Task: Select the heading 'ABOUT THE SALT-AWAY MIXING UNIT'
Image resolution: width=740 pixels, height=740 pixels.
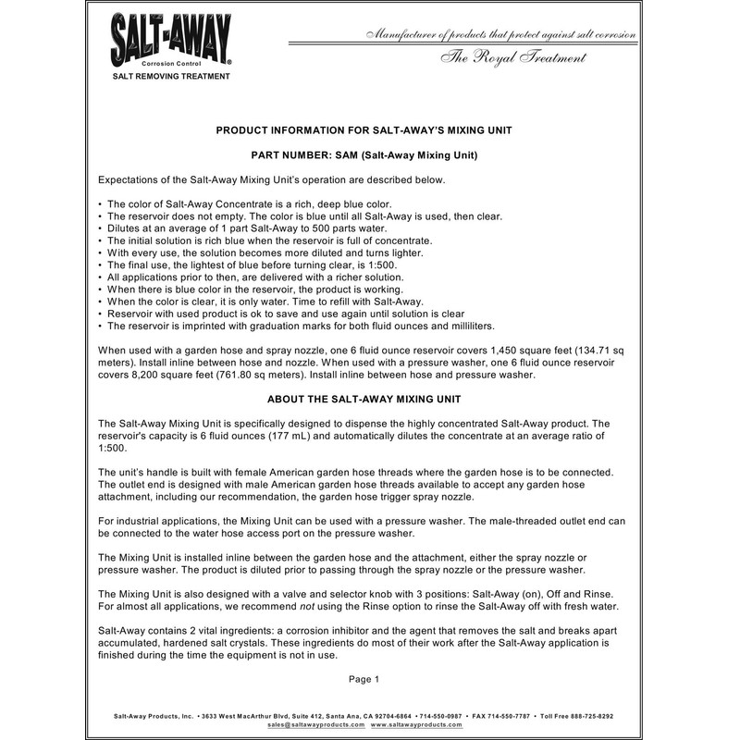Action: click(370, 400)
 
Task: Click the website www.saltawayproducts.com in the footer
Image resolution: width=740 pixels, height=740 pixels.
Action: click(417, 726)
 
